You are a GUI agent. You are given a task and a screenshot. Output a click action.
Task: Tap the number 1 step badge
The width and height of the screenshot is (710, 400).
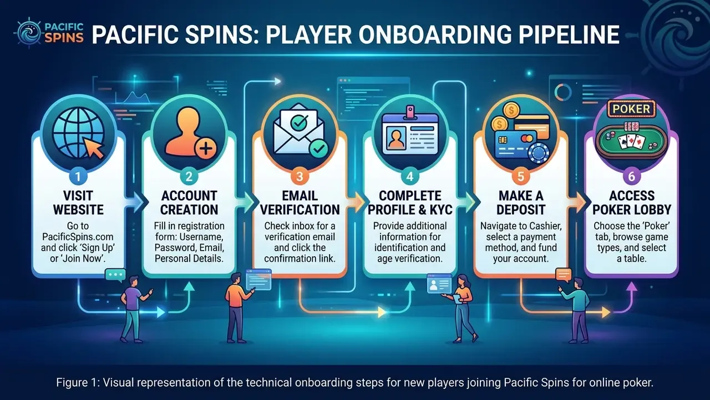click(78, 176)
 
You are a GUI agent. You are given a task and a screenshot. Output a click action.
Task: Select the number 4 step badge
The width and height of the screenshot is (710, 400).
click(410, 176)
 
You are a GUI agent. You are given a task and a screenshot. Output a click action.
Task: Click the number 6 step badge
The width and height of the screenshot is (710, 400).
click(631, 176)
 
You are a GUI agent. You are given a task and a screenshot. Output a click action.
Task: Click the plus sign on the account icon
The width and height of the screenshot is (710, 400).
click(205, 148)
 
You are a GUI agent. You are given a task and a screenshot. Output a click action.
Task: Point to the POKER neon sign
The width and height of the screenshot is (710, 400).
click(631, 109)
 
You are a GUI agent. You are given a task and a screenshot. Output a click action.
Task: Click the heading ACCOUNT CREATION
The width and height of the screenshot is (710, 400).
click(189, 203)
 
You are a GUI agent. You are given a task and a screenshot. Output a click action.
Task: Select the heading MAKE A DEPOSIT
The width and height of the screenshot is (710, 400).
click(521, 203)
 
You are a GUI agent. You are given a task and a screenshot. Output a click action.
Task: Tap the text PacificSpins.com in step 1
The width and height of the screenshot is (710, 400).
click(78, 237)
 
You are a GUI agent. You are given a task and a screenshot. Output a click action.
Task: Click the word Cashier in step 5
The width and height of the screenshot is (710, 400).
click(545, 226)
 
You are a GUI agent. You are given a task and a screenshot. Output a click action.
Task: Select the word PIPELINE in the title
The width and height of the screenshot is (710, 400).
click(565, 34)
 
